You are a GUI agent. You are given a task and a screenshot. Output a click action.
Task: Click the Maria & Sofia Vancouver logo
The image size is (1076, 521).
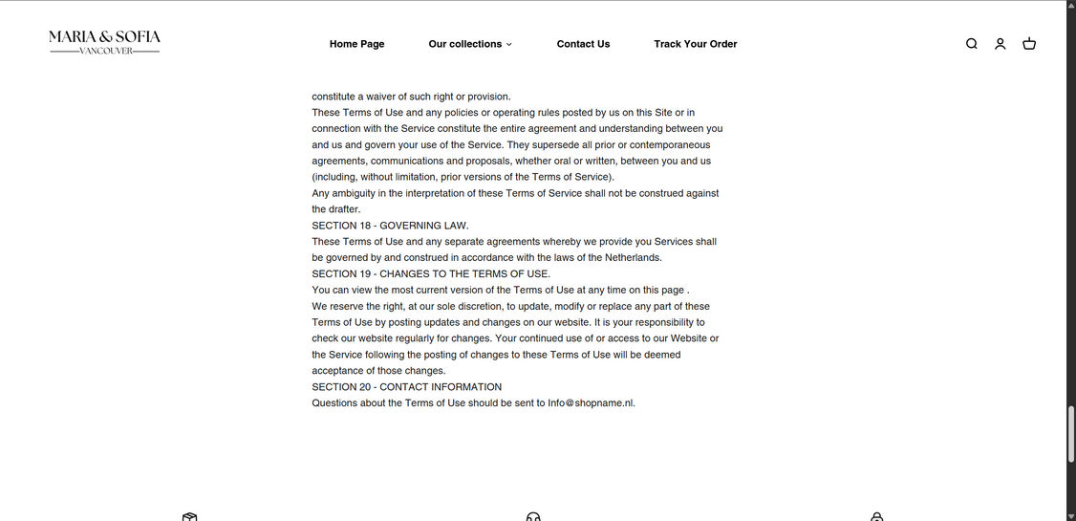click(x=104, y=42)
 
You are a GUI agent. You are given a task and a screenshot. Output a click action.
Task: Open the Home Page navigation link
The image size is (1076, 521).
click(x=356, y=44)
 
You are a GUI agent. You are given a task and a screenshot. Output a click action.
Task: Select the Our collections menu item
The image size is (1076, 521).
click(x=464, y=44)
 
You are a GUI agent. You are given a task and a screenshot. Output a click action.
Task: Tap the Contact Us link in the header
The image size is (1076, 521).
click(x=583, y=44)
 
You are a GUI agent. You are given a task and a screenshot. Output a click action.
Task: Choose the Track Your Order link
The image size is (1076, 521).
click(x=695, y=44)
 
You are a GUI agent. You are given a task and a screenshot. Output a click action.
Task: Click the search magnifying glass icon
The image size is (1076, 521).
click(x=971, y=44)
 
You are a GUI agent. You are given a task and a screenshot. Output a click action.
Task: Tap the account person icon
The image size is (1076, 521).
click(x=1000, y=44)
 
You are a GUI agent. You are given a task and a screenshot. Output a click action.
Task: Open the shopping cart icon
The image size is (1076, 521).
click(x=1029, y=44)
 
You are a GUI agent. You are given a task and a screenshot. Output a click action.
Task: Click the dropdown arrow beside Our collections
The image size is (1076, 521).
click(x=509, y=44)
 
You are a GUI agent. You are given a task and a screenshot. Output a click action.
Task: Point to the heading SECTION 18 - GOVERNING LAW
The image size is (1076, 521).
click(x=390, y=226)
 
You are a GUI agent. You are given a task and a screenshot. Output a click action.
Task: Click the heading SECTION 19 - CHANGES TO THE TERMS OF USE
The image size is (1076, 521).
click(x=430, y=274)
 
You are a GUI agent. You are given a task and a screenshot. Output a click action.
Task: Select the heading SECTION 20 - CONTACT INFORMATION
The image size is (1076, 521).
click(x=406, y=387)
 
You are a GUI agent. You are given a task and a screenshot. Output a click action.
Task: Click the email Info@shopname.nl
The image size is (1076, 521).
click(x=590, y=403)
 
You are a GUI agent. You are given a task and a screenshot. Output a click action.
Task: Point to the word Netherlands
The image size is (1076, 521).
click(x=630, y=258)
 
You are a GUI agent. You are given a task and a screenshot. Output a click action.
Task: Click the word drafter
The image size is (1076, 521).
click(x=341, y=209)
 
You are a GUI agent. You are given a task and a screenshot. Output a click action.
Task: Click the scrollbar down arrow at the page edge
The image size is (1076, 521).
click(x=1070, y=516)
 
